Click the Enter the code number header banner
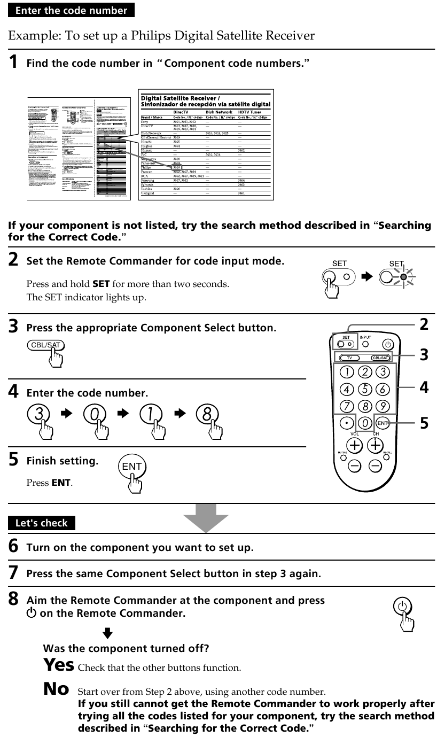[x=71, y=10]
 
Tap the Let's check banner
[x=42, y=523]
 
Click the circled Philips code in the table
[x=177, y=167]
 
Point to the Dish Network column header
[x=219, y=112]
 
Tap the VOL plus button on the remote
[x=355, y=445]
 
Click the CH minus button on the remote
[x=376, y=465]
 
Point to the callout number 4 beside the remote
[x=424, y=387]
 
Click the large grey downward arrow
[x=206, y=517]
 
